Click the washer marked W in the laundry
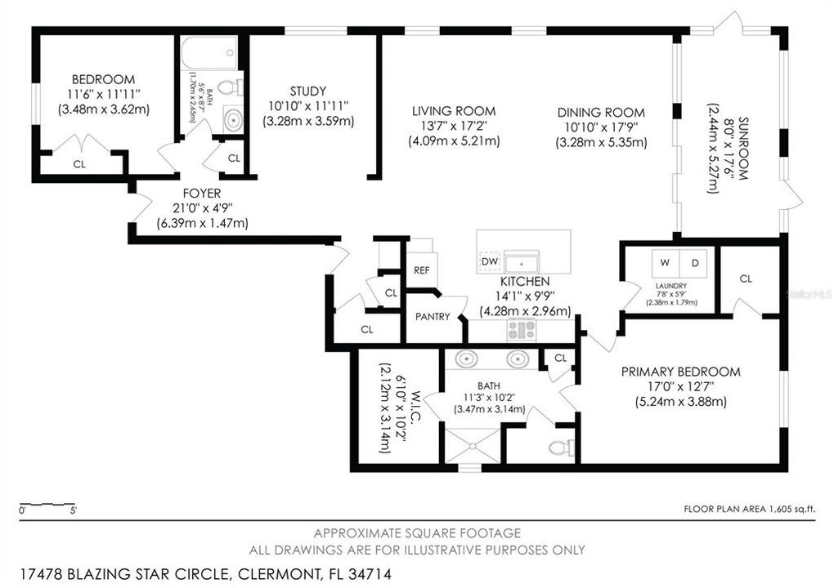(664, 263)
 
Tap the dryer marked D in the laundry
(696, 263)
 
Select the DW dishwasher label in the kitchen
(488, 261)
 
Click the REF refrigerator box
(423, 269)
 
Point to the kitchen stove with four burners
(521, 329)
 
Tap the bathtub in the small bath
(209, 53)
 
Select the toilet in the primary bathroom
(559, 447)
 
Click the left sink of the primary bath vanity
(468, 359)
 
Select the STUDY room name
(307, 91)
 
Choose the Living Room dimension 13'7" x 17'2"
(454, 127)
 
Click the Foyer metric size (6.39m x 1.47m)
(202, 223)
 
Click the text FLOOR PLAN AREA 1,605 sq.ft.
(749, 509)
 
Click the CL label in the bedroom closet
(79, 164)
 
